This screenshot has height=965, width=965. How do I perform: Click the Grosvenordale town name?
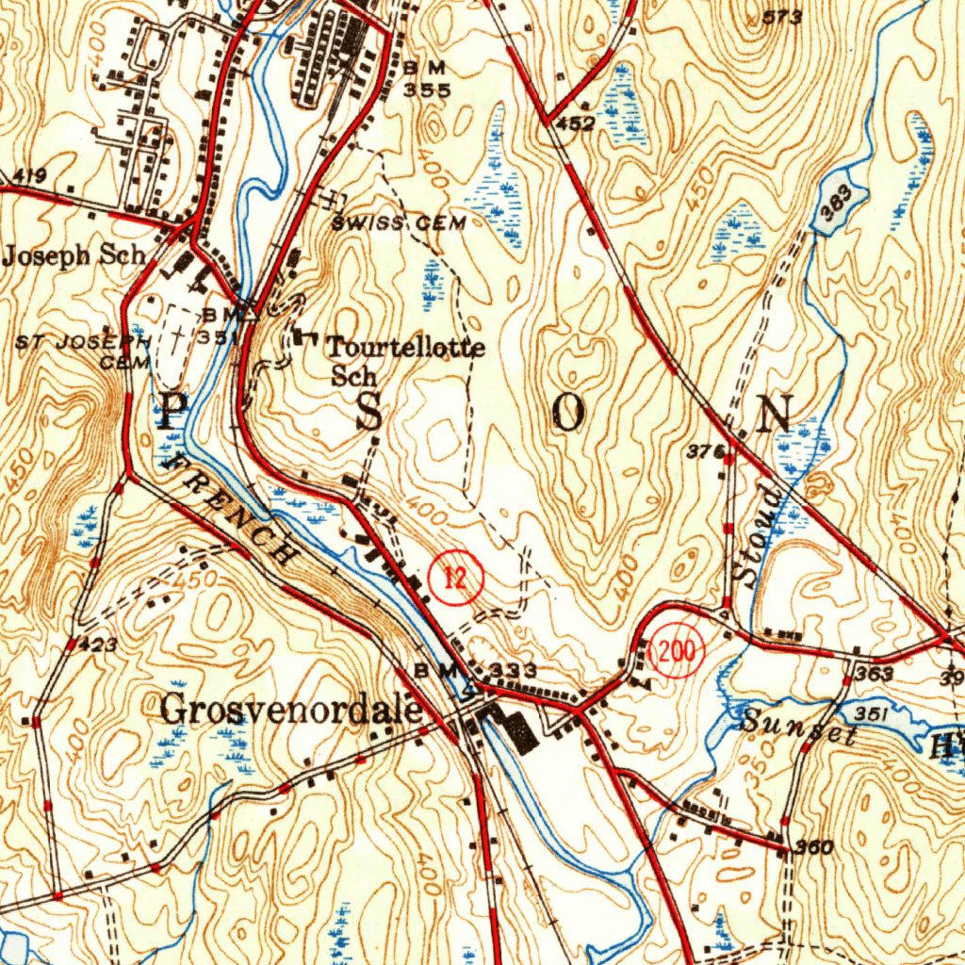click(x=290, y=709)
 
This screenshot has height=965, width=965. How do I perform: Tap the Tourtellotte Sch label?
click(x=405, y=360)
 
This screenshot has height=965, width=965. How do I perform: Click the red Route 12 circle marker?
click(x=455, y=578)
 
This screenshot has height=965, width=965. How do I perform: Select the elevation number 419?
click(x=30, y=175)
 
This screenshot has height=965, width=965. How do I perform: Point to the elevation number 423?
click(x=100, y=646)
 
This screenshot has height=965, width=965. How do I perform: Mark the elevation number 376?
click(x=706, y=452)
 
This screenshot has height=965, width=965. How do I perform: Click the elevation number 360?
click(x=814, y=847)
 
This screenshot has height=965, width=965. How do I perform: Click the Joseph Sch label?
click(x=75, y=255)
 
